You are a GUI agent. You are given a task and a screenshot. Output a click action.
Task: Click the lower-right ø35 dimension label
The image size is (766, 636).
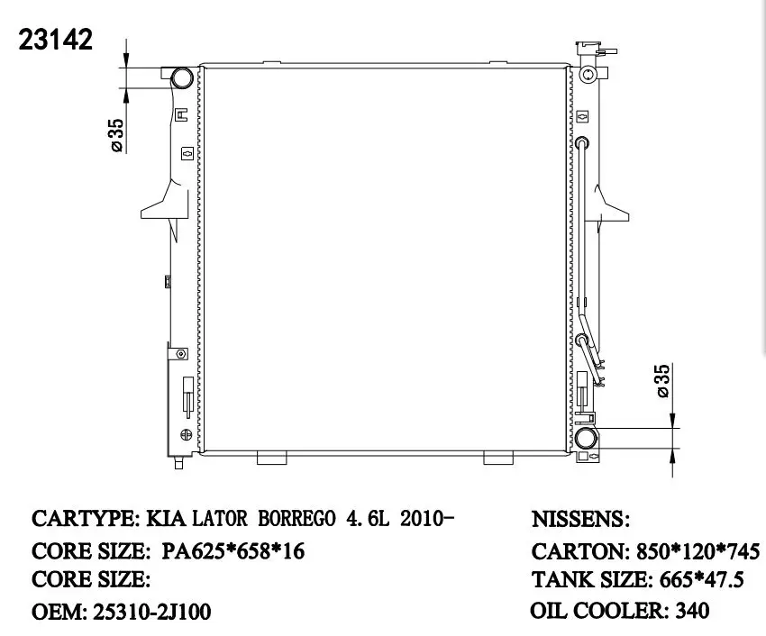(x=662, y=381)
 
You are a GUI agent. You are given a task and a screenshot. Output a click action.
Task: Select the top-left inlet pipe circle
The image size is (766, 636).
(x=181, y=77)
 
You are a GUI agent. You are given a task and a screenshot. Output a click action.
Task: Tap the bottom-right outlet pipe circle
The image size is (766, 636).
(x=586, y=441)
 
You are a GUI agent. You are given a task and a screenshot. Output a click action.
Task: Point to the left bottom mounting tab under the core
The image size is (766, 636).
(x=271, y=458)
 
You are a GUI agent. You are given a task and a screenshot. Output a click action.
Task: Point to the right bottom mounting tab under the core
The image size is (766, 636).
(x=497, y=458)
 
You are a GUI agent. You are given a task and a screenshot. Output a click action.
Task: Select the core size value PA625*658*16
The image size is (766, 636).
(x=233, y=550)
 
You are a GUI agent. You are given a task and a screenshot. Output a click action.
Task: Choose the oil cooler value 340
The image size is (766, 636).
(x=691, y=611)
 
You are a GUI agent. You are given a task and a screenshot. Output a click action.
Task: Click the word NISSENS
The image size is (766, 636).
(x=579, y=520)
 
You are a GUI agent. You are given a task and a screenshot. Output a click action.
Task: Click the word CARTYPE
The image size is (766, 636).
(x=81, y=520)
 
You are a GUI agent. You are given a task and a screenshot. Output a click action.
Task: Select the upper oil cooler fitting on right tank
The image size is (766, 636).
(x=582, y=142)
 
